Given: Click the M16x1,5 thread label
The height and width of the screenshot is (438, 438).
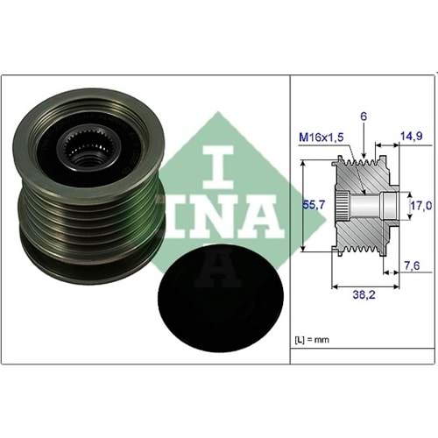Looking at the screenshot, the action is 321,137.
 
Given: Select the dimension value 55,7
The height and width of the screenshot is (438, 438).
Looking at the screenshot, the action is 314,205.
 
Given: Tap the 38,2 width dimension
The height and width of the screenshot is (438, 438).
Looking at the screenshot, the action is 364,294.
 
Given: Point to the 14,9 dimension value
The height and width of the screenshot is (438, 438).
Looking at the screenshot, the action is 412,136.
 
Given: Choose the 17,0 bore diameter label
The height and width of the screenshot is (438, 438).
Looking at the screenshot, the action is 421,206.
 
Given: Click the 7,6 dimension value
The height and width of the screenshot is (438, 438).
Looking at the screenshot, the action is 411,265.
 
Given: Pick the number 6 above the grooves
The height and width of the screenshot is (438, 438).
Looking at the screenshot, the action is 364,117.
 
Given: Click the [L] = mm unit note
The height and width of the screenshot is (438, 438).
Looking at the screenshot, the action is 312,340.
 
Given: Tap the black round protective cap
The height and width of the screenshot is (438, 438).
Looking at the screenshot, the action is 221,299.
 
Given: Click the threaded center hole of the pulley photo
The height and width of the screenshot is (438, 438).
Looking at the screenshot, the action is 86,159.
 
